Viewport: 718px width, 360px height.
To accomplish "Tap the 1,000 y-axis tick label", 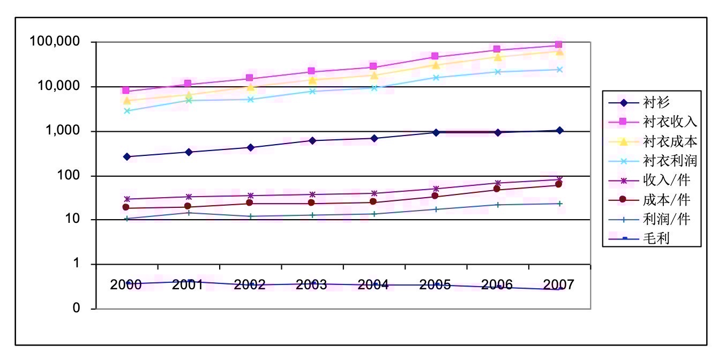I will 63,131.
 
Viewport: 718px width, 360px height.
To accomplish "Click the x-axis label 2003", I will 311,284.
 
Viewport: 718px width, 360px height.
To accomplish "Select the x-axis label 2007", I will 559,284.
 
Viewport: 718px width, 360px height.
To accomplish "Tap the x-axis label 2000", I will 126,284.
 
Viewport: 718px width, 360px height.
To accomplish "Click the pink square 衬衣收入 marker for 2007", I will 559,45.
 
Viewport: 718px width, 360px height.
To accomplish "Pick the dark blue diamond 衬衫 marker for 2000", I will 127,156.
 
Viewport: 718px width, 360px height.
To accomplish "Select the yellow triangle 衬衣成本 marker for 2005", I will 435,65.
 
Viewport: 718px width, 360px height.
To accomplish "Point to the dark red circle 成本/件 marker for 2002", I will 250,203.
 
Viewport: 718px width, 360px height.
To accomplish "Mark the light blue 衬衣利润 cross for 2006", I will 497,72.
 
